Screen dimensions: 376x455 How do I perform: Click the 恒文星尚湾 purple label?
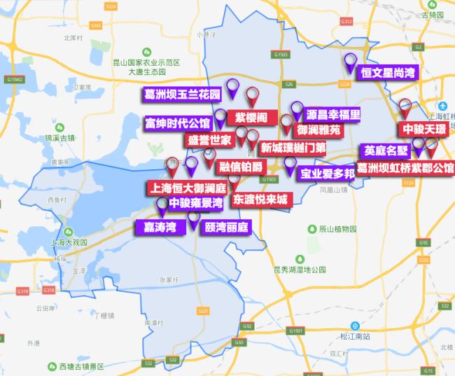tap(388, 72)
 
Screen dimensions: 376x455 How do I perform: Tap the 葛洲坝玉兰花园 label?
tap(182, 94)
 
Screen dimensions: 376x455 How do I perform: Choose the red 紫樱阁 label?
tap(251, 116)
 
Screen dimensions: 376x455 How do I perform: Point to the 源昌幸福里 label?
tap(333, 114)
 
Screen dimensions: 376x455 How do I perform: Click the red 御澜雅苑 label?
tap(318, 130)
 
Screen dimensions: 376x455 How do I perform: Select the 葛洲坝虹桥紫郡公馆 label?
tap(405, 168)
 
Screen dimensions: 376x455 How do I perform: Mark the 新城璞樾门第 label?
tap(294, 148)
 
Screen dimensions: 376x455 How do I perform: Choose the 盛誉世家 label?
tap(209, 140)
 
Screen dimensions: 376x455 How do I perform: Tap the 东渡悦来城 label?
tap(260, 199)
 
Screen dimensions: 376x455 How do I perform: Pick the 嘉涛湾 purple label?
tap(160, 227)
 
